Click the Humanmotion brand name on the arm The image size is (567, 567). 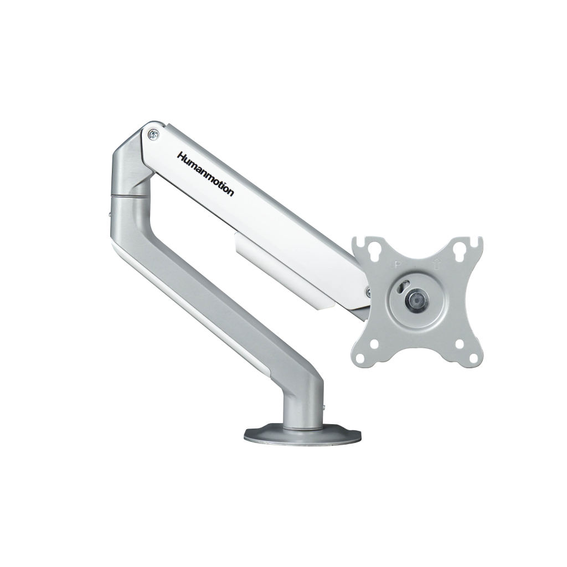[x=205, y=174]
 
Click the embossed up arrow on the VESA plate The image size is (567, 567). [x=436, y=264]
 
